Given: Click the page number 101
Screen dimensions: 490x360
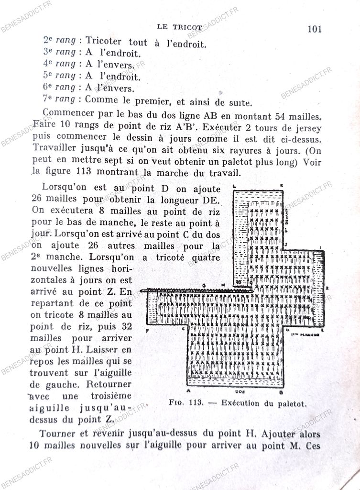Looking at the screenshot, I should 314,29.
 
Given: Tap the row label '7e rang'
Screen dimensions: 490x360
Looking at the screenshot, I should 59,99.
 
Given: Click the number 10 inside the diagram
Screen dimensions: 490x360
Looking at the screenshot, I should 239,283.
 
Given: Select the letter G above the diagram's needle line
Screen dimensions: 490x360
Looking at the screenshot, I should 204,285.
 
